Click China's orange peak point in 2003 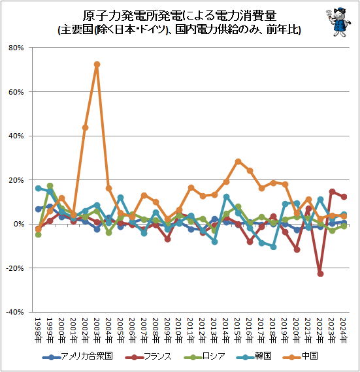click(x=97, y=65)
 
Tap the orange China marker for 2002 click(x=85, y=128)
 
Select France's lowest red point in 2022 click(x=320, y=274)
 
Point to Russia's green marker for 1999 click(x=50, y=185)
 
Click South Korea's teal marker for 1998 click(x=39, y=189)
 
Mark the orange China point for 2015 click(x=238, y=162)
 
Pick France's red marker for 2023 click(x=332, y=192)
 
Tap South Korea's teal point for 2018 click(x=273, y=247)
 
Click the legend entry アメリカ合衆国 click(x=77, y=356)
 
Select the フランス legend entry click(x=148, y=356)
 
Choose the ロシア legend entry click(x=205, y=356)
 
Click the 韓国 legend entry click(x=254, y=356)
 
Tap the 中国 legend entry click(x=301, y=356)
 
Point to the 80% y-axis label click(x=16, y=48)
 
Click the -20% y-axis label click(x=15, y=268)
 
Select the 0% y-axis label click(x=18, y=224)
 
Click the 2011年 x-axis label click(x=191, y=330)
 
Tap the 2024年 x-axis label click(x=344, y=330)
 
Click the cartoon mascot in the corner click(x=338, y=22)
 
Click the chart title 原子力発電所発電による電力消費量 click(x=180, y=16)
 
